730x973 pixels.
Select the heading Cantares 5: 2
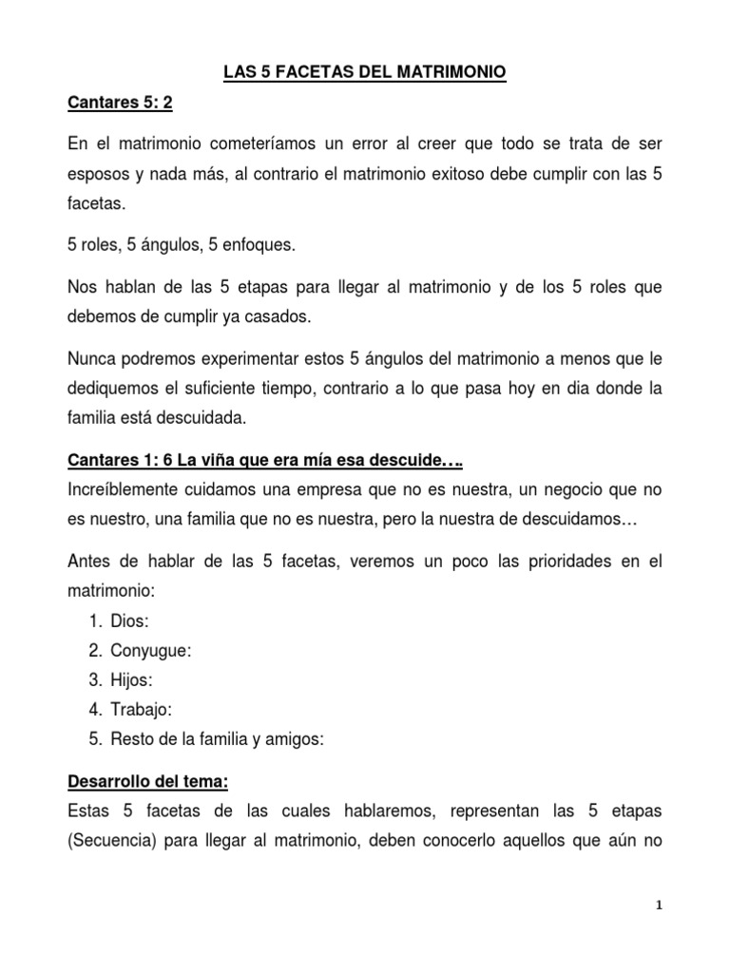point(121,104)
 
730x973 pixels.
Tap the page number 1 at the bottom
point(658,906)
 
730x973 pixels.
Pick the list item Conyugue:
point(151,651)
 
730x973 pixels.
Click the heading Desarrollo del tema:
point(148,782)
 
